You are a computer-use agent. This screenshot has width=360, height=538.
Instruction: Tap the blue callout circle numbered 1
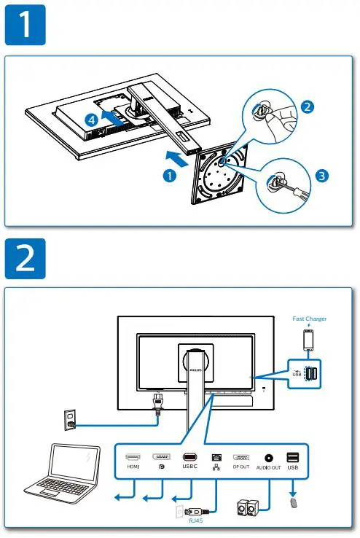click(x=169, y=176)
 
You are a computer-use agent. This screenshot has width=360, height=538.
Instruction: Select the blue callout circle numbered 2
click(x=308, y=107)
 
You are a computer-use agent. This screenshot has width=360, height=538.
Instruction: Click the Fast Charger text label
click(x=309, y=319)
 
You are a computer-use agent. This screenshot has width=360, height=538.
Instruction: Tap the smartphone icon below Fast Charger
click(x=309, y=338)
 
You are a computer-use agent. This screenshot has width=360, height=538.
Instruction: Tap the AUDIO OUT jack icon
click(x=269, y=458)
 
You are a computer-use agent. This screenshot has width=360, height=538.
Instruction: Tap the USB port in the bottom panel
click(x=293, y=458)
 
